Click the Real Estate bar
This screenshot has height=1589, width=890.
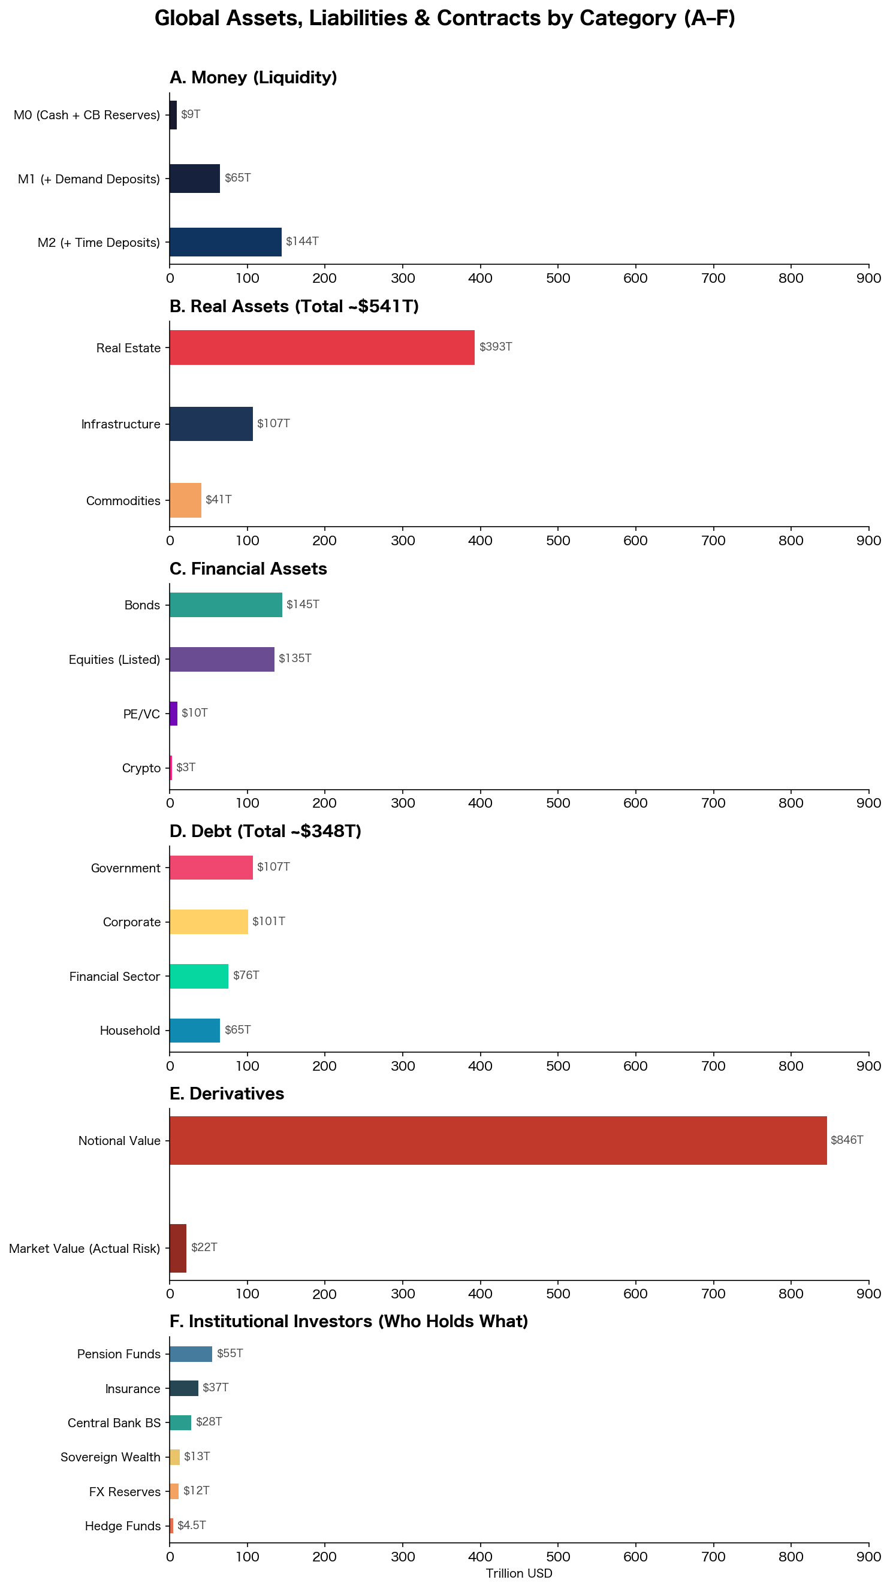[x=322, y=348]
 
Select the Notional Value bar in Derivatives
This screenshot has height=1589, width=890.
[x=497, y=1140]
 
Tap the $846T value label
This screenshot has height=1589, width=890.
[x=846, y=1140]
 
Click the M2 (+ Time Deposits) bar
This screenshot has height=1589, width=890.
[x=225, y=242]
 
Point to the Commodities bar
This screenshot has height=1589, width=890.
[x=185, y=500]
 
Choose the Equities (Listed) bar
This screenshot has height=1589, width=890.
[x=222, y=659]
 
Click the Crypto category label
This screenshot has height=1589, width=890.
[x=141, y=768]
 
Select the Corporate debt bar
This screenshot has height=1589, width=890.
[x=209, y=922]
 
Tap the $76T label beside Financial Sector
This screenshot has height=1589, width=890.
[x=246, y=975]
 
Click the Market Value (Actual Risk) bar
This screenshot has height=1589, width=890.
[x=178, y=1248]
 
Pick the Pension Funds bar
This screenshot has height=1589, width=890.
[x=191, y=1354]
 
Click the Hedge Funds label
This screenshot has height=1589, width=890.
[x=122, y=1525]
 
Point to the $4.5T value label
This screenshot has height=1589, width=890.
[x=191, y=1525]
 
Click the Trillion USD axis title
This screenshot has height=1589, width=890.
[x=518, y=1573]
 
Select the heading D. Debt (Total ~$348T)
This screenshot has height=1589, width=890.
[x=266, y=831]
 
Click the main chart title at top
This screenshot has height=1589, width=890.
[x=444, y=19]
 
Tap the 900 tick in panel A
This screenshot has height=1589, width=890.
[x=868, y=278]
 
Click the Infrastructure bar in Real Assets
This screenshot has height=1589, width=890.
[x=211, y=424]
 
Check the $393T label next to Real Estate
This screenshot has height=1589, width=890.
[x=496, y=347]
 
